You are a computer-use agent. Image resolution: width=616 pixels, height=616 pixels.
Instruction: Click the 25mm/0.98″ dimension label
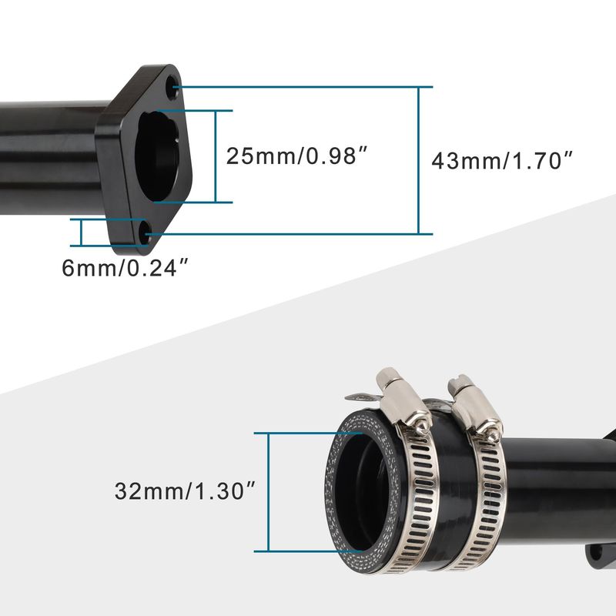click(x=296, y=156)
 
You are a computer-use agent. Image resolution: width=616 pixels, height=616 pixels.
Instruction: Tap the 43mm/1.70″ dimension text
click(x=502, y=161)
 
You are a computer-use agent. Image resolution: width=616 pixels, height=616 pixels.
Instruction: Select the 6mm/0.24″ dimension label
click(x=126, y=268)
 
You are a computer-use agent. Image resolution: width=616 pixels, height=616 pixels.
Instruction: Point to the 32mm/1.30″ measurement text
click(x=185, y=490)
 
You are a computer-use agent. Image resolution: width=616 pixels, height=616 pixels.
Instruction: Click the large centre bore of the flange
click(x=157, y=156)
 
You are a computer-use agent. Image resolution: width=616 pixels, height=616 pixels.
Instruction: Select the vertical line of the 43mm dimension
click(x=419, y=160)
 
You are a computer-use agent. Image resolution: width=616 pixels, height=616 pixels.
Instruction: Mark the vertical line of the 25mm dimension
click(x=216, y=156)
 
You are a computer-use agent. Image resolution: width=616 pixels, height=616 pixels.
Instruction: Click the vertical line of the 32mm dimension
click(x=268, y=492)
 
